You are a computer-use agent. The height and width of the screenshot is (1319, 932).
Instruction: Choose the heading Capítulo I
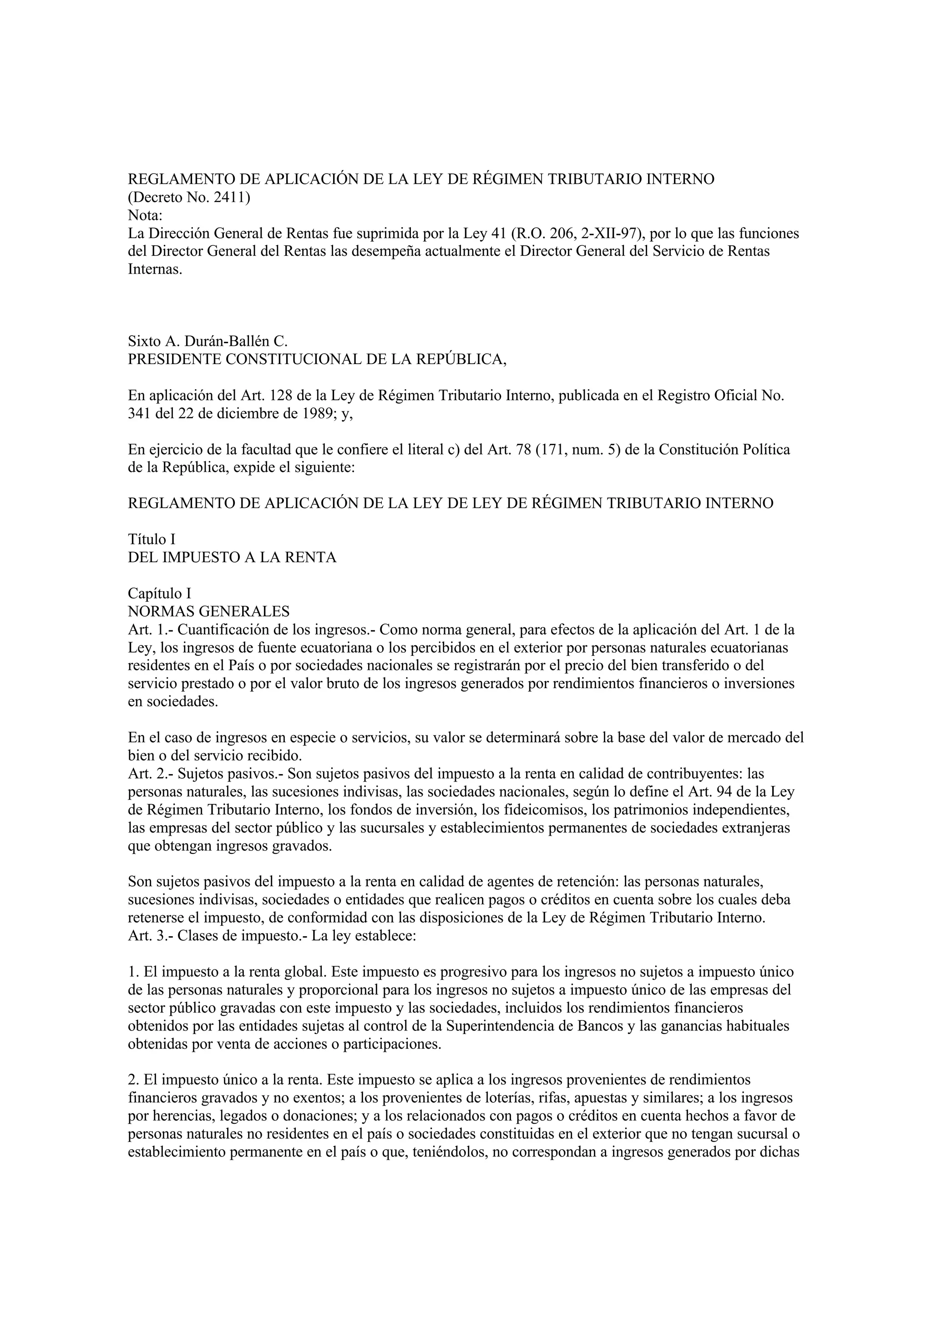click(x=159, y=594)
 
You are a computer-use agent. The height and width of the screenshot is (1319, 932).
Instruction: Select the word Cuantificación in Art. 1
click(x=221, y=629)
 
